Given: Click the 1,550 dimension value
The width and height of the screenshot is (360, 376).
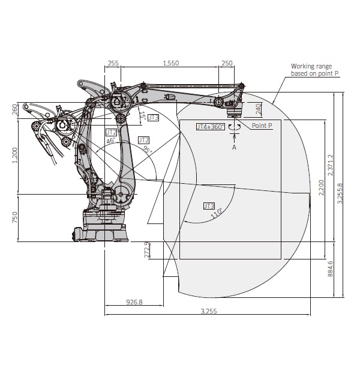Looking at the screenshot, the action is tap(171, 63).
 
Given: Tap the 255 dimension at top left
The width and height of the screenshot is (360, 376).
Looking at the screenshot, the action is tap(113, 63).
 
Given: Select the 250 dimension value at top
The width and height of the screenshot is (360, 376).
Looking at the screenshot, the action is tap(227, 63).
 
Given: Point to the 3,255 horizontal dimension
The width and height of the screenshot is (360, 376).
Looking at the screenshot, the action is tap(209, 311).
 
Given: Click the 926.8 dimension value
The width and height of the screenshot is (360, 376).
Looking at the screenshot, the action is tap(134, 302).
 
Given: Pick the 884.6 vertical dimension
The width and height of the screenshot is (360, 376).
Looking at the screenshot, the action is tap(330, 269).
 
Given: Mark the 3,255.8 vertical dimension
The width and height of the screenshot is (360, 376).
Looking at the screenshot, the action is tap(340, 193).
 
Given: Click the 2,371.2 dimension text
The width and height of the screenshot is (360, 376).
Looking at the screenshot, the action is tap(330, 165).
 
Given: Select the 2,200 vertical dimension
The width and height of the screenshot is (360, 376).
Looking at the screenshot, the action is tap(321, 187).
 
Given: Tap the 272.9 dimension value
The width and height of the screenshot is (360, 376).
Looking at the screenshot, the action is tap(146, 250).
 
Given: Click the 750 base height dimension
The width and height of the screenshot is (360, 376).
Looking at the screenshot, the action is tap(14, 217).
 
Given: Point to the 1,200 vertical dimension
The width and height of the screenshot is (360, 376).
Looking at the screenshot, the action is tap(14, 155).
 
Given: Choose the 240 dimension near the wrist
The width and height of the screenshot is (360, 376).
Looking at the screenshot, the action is tap(258, 109).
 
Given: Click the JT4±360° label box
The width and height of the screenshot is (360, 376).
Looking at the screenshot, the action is tap(211, 127).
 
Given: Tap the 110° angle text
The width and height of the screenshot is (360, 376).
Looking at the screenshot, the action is tap(216, 213).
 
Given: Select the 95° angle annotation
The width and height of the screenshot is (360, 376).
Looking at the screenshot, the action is tap(147, 150).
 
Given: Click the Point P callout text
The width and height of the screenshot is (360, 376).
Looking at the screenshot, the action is tap(262, 126).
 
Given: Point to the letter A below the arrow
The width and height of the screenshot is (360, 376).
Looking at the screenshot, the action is tap(234, 147).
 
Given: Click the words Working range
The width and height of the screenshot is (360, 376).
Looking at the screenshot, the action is tap(311, 66).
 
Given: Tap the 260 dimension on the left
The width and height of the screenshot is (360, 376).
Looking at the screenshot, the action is tap(14, 109).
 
